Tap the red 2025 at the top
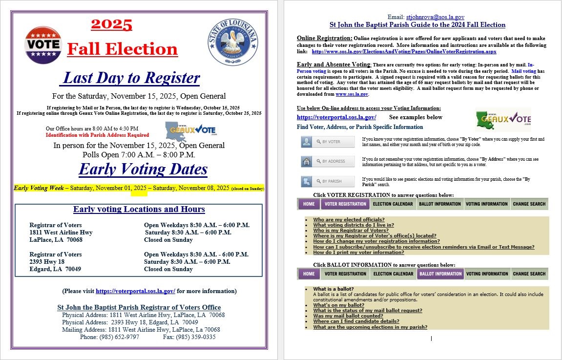pos(112,24)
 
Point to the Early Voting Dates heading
pos(143,169)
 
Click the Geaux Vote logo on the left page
pos(190,131)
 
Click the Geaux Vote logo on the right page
pos(503,120)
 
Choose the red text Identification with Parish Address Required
pos(97,135)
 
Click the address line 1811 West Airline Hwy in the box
pos(61,233)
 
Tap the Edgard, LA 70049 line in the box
pos(55,269)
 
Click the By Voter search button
pos(328,142)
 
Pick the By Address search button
pos(328,161)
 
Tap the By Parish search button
pos(328,181)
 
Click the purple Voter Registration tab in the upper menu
pos(345,204)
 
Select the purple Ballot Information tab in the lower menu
pos(440,274)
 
